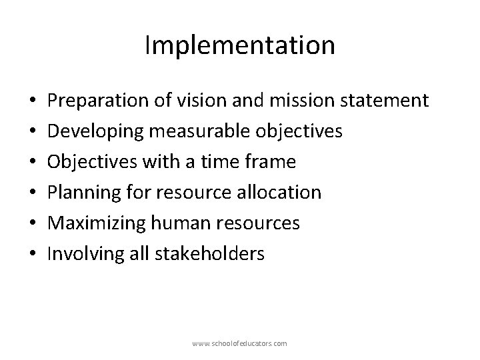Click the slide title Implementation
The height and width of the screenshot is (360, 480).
(239, 45)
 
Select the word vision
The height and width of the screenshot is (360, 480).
(197, 101)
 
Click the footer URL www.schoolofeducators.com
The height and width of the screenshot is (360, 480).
(239, 343)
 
